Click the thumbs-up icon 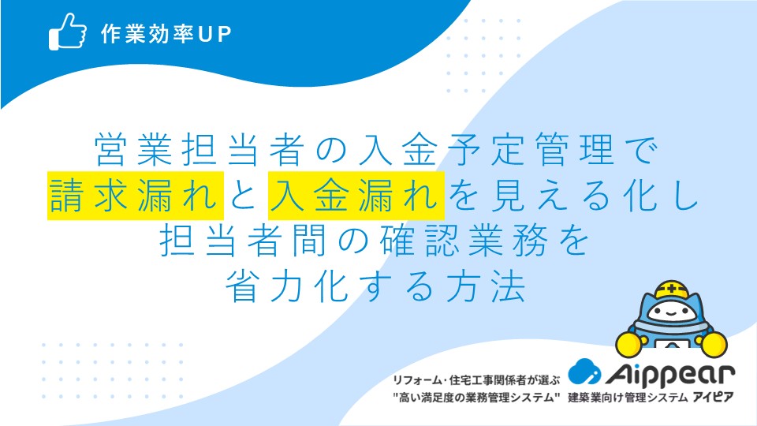(x=68, y=32)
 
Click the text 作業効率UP (x=166, y=34)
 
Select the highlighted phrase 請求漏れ (x=135, y=196)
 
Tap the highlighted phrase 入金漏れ (x=356, y=196)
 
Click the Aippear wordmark (x=670, y=374)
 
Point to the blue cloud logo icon (x=584, y=372)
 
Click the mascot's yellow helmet (x=672, y=290)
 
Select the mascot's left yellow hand (x=629, y=344)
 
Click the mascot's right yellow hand (x=714, y=344)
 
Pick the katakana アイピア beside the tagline (x=713, y=398)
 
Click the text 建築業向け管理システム (x=628, y=398)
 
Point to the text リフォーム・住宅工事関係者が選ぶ (x=476, y=380)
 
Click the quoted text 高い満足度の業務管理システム (x=476, y=398)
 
